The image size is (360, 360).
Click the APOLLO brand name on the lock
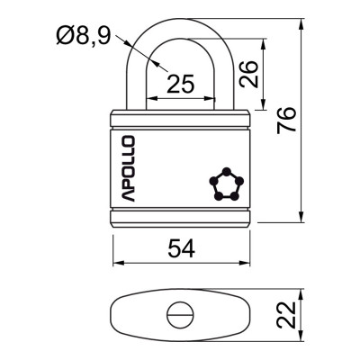click(x=126, y=168)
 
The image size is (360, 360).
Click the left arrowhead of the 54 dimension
click(x=116, y=264)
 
